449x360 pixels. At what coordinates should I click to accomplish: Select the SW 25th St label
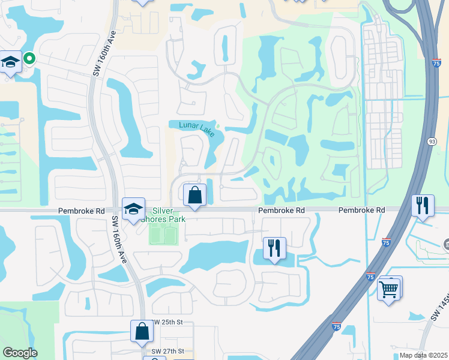167,322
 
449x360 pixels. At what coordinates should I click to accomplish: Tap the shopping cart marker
390,290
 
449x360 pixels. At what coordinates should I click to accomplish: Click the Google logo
19,353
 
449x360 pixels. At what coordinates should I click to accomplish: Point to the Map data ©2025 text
415,355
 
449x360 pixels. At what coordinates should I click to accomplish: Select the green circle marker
29,58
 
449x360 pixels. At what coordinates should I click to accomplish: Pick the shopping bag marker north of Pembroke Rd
194,196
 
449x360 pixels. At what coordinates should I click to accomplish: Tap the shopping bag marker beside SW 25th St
142,331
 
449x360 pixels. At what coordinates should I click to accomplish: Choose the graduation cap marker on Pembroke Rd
133,209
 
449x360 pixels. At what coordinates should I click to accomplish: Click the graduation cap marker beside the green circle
10,62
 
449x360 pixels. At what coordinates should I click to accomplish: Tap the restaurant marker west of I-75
274,248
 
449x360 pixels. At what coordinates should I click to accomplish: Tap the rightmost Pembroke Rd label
361,211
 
